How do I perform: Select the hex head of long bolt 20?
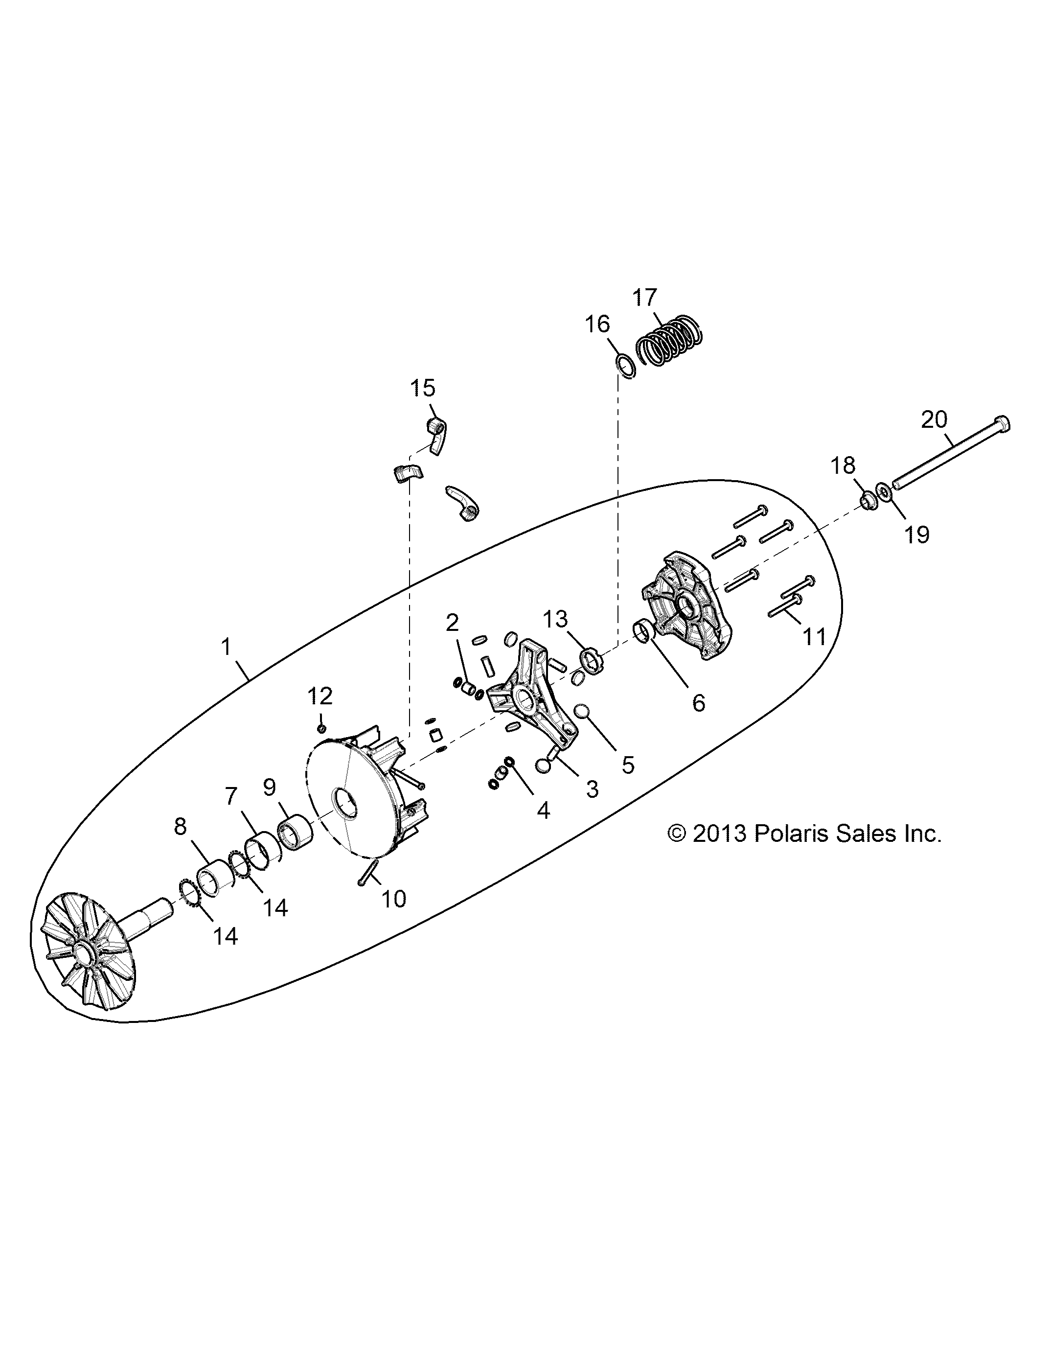click(x=1001, y=425)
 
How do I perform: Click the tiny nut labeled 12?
click(x=321, y=728)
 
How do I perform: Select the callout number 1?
click(x=226, y=647)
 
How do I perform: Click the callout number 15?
click(x=422, y=389)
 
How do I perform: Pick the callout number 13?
click(x=555, y=620)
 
